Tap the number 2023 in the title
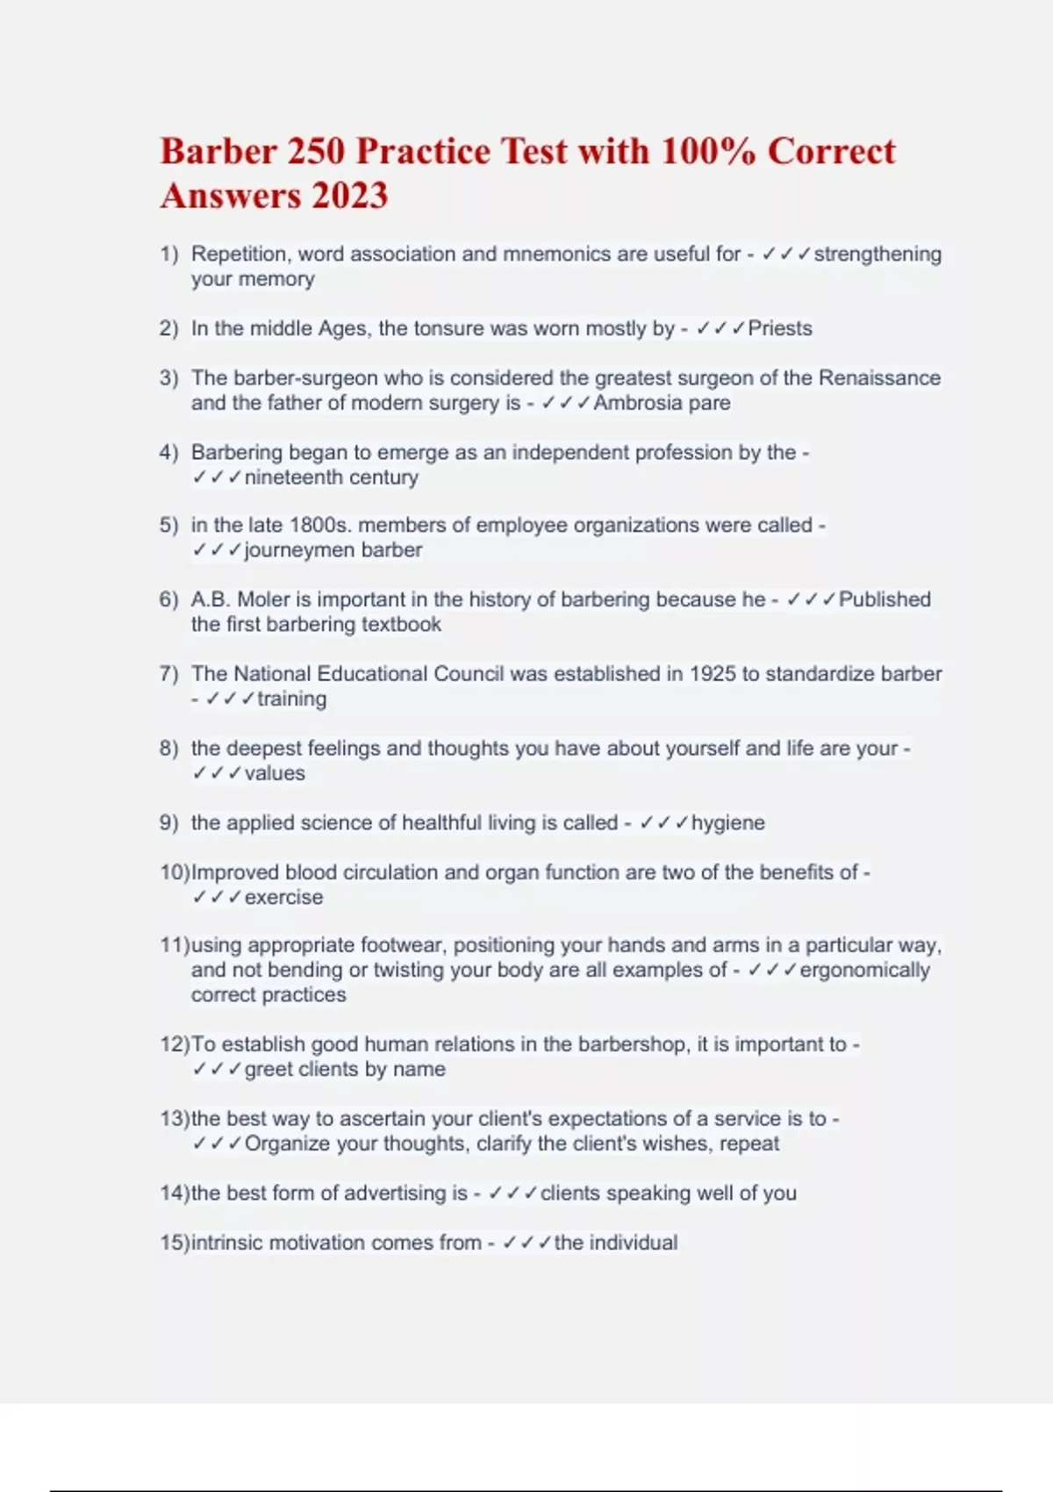click(x=349, y=196)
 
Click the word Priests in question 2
click(x=780, y=328)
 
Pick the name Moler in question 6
click(x=263, y=599)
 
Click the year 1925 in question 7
click(x=713, y=674)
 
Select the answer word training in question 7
click(x=291, y=699)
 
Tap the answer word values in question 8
click(x=275, y=773)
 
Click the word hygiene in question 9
click(x=727, y=823)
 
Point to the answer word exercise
click(x=283, y=897)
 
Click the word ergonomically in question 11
click(x=864, y=970)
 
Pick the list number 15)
click(x=174, y=1243)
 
